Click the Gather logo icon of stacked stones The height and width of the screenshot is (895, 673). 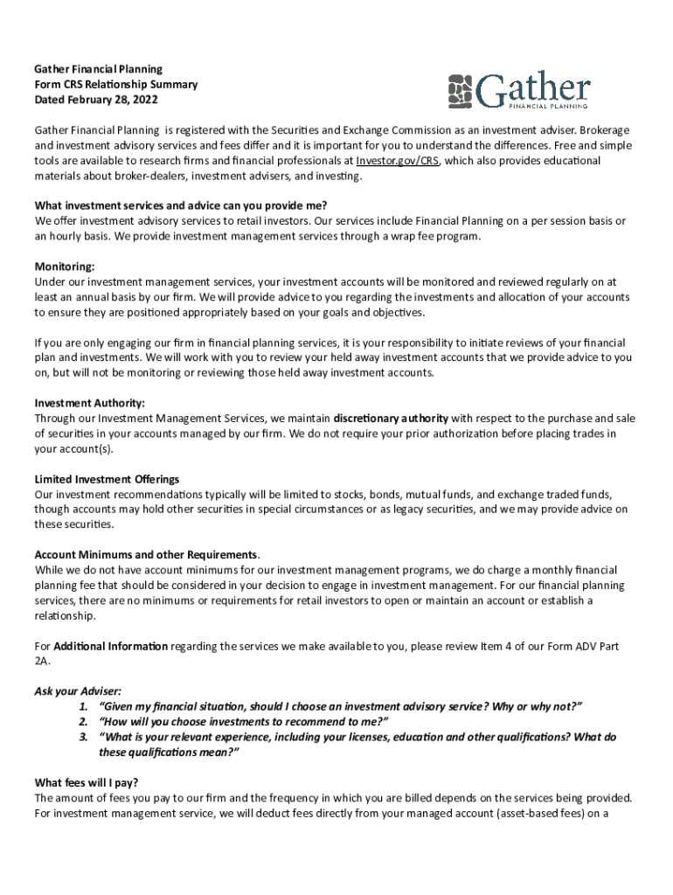point(461,89)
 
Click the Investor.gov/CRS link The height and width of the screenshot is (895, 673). point(392,161)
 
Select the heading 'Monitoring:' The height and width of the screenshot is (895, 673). point(64,266)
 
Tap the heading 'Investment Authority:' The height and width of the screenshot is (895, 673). point(90,403)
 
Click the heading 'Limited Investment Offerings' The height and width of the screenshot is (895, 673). point(107,479)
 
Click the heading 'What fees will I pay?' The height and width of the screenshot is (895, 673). point(87,782)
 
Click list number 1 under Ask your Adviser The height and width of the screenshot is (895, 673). point(83,706)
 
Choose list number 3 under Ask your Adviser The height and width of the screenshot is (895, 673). point(83,737)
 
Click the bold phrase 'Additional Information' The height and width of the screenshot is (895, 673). point(110,646)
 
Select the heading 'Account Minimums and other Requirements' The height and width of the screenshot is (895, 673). point(146,555)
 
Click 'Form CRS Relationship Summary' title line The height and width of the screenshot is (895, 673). point(115,84)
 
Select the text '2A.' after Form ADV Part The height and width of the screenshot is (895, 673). point(43,662)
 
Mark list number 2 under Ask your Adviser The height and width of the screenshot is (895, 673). point(83,721)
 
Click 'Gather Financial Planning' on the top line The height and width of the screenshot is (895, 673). point(98,68)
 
